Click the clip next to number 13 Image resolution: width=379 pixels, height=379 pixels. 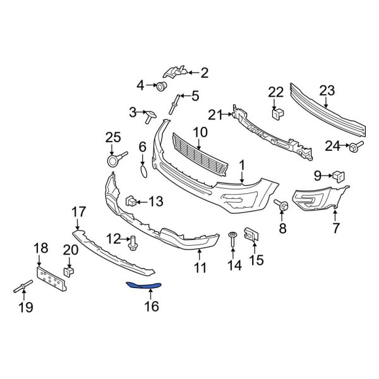pyautogui.click(x=131, y=202)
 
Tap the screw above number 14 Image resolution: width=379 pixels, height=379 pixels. pyautogui.click(x=233, y=239)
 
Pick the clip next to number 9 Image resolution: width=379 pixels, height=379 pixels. pyautogui.click(x=338, y=175)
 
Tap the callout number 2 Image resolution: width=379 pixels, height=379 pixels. pyautogui.click(x=204, y=73)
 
